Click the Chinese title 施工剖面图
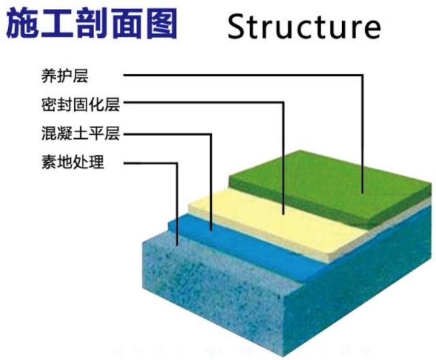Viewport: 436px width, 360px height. (92, 24)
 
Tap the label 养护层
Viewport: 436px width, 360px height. (65, 75)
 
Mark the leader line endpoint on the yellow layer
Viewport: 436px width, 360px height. (283, 213)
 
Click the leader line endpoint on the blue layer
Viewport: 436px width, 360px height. (212, 229)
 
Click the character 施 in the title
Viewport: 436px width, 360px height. (23, 24)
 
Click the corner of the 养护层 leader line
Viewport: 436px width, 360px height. (362, 75)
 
